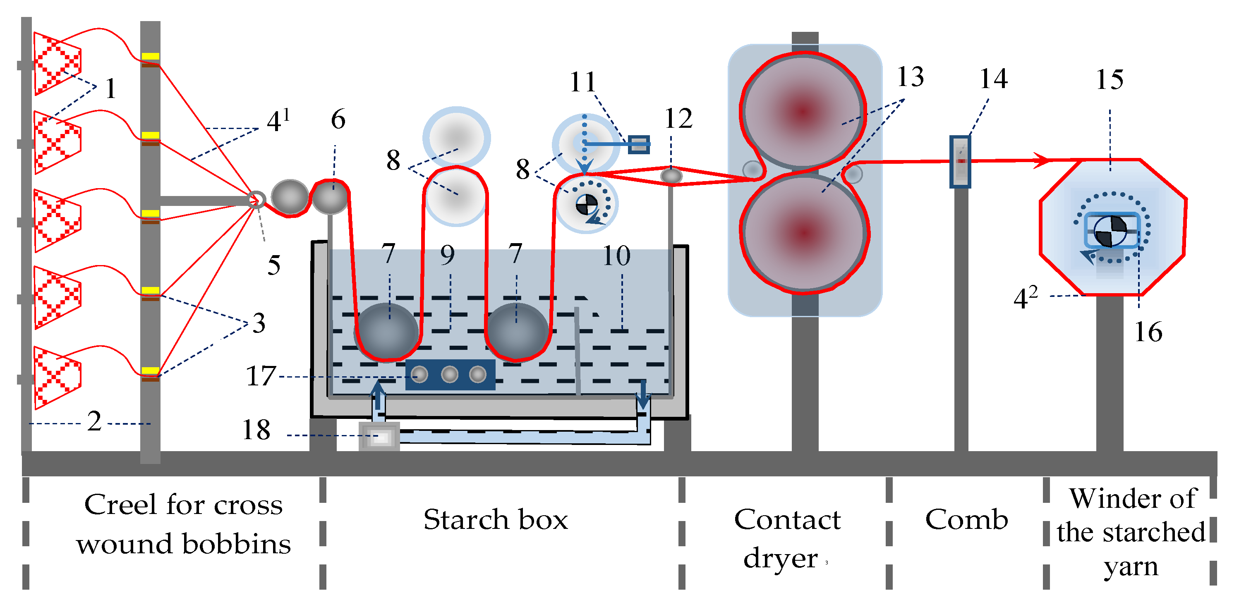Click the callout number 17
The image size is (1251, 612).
coord(261,376)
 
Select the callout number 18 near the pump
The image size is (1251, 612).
coord(256,430)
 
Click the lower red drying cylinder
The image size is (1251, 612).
coord(804,233)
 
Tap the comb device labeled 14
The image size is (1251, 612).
coord(960,162)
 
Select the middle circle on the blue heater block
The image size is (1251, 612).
coord(449,374)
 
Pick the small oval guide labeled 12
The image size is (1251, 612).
coord(671,175)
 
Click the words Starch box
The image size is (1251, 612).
coord(495,519)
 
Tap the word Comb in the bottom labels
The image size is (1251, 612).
coord(966,519)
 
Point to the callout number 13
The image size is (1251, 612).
coord(910,76)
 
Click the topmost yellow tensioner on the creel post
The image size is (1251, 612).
coord(151,56)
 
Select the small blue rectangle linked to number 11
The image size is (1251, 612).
coord(639,144)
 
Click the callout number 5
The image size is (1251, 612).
coord(274,265)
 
